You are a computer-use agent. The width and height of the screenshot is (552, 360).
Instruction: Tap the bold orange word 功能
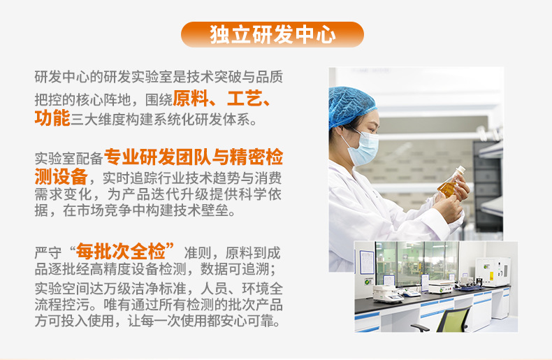[x=52, y=117]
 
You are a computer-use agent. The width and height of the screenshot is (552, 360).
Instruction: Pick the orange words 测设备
[x=61, y=176]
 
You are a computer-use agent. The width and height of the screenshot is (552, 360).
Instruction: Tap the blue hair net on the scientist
[x=350, y=105]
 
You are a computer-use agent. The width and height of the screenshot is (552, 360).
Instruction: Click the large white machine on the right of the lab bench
[x=492, y=273]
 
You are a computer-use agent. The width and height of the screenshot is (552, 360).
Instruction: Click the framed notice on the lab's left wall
[x=366, y=261]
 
